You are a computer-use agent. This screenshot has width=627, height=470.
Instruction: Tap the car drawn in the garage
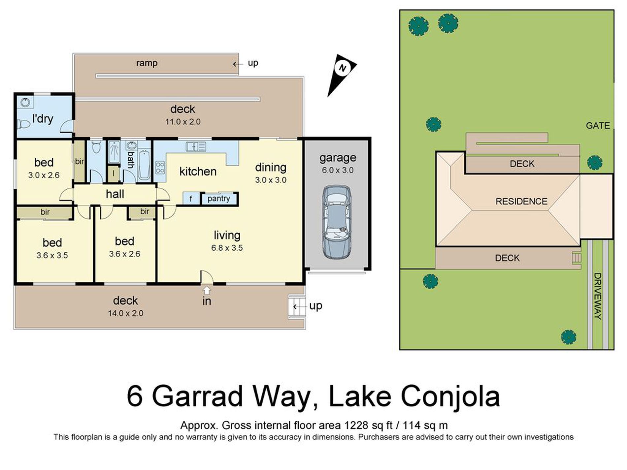(337, 222)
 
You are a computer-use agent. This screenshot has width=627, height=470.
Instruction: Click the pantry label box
(219, 199)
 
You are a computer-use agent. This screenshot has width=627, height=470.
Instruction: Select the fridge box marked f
(191, 199)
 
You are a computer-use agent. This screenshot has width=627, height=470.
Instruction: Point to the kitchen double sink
(196, 146)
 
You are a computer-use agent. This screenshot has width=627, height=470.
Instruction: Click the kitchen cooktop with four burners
(160, 167)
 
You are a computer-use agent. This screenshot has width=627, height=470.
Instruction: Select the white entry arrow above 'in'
(207, 290)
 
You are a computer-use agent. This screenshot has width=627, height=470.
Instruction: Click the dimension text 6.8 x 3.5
(227, 248)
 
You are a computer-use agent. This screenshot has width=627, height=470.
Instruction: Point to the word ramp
(147, 63)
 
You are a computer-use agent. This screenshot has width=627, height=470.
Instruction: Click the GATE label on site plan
(598, 126)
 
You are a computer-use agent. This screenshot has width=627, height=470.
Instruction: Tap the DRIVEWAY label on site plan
(598, 296)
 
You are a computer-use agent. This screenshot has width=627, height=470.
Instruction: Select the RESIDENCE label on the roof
(521, 201)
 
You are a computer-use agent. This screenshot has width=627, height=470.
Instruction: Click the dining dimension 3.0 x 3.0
(271, 180)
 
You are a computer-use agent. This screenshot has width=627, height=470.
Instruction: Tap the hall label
(115, 194)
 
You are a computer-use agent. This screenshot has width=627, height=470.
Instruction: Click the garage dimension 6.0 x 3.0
(338, 170)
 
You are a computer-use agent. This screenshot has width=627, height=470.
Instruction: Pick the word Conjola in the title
(450, 397)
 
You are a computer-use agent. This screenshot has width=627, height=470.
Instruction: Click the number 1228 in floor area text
(356, 425)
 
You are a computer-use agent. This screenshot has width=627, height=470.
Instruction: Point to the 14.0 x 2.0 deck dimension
(125, 313)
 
